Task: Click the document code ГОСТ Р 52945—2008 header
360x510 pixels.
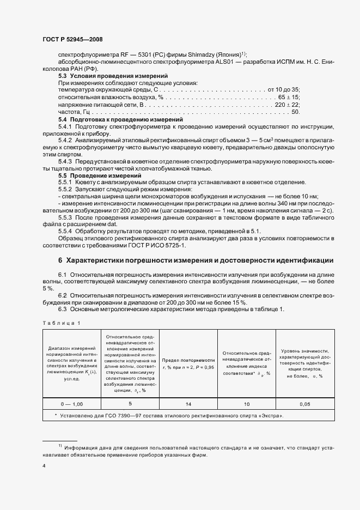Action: pyautogui.click(x=72, y=40)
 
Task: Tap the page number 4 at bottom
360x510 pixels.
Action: pyautogui.click(x=44, y=466)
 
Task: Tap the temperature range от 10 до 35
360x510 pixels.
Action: pyautogui.click(x=283, y=89)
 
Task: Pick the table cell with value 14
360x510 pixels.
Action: pyautogui.click(x=188, y=404)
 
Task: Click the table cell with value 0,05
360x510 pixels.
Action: pyautogui.click(x=304, y=404)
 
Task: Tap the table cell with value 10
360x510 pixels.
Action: pyautogui.click(x=246, y=404)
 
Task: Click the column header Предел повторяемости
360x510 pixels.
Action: pyautogui.click(x=188, y=363)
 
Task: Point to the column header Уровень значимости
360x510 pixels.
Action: pyautogui.click(x=304, y=363)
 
